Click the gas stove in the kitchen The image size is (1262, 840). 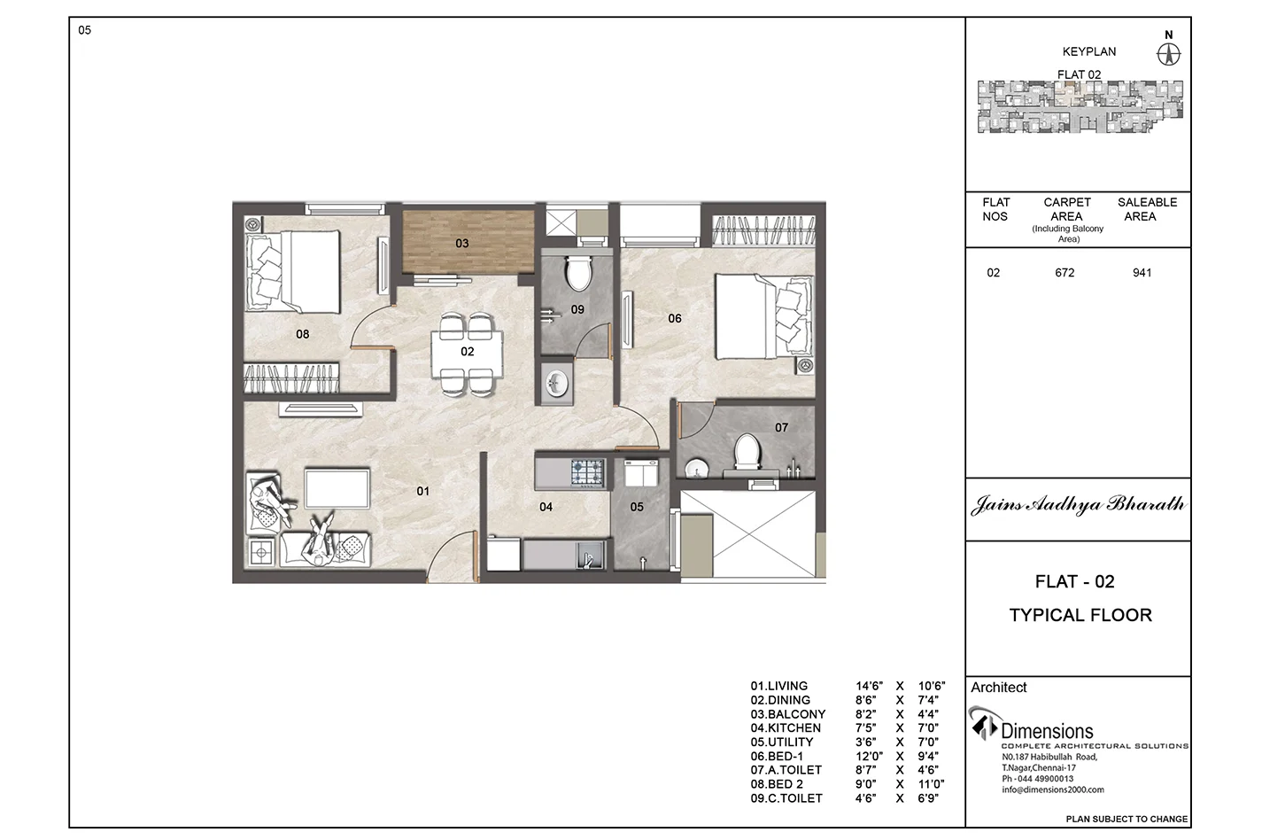[x=587, y=472]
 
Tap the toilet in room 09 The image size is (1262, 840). [x=578, y=272]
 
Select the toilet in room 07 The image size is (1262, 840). [x=747, y=452]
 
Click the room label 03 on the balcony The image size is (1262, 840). [x=462, y=244]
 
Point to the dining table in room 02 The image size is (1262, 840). [x=467, y=353]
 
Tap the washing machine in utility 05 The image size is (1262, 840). [x=640, y=472]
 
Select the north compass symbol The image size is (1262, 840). [x=1168, y=55]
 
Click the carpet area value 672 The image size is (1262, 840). [x=1065, y=273]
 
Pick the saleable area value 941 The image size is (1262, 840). [x=1142, y=273]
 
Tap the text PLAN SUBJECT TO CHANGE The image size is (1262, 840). [x=1127, y=819]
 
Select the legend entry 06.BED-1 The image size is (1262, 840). [x=777, y=756]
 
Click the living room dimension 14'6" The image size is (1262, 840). [x=869, y=686]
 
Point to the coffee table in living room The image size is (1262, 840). [x=337, y=487]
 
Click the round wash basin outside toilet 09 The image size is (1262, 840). [x=556, y=385]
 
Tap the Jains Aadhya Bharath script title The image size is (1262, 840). [x=1078, y=504]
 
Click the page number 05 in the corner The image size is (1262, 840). [x=84, y=30]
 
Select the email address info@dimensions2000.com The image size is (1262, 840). [x=1052, y=789]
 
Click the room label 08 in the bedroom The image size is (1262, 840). [x=303, y=334]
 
